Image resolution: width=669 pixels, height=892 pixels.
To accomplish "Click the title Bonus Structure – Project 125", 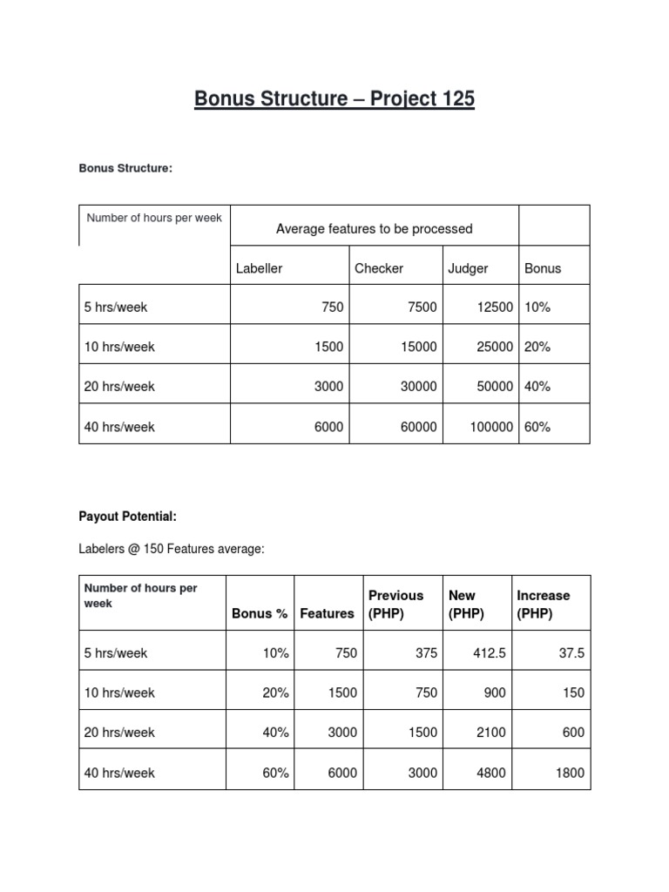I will click(334, 99).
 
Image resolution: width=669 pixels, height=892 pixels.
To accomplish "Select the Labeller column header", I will click(259, 268).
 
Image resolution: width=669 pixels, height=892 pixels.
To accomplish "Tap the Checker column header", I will click(379, 268).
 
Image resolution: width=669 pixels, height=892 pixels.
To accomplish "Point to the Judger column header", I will click(468, 268).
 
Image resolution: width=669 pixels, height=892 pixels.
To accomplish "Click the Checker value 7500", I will click(418, 307).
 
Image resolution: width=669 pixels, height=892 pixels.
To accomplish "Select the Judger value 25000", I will click(494, 347).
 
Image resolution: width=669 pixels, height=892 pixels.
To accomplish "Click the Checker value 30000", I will click(415, 386).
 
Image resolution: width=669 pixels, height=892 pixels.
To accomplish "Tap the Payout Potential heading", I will click(127, 517).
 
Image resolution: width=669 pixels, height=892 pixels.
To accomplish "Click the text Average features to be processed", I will click(374, 229).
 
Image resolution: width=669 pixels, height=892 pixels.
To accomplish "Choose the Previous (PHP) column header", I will click(395, 604).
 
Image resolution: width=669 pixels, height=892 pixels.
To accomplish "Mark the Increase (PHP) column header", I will click(543, 604).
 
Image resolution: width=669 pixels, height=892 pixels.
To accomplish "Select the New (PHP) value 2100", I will click(490, 733).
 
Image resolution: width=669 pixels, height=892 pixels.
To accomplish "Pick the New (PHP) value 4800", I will click(490, 773).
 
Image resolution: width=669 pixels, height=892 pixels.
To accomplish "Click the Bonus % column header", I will click(260, 613).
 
